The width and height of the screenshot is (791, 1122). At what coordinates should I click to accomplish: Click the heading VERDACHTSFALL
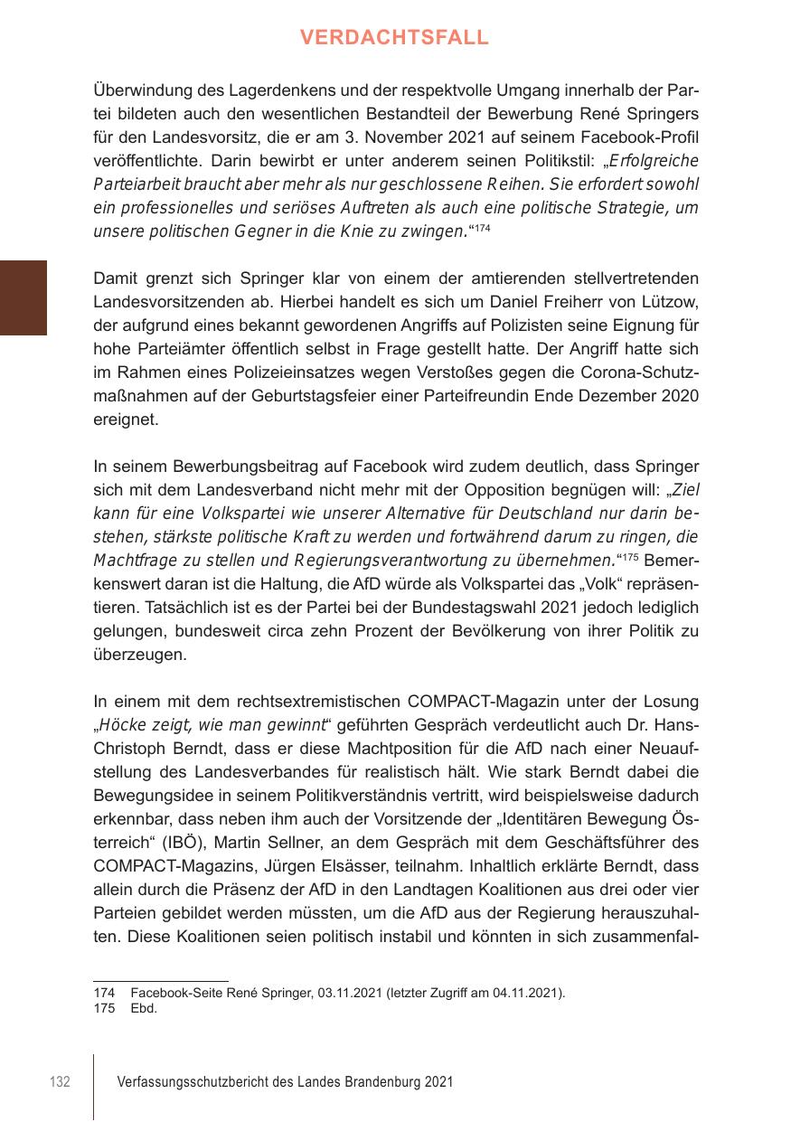(394, 37)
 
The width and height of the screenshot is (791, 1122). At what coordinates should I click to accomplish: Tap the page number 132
(60, 1082)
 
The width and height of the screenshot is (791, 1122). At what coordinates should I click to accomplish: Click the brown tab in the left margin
(24, 297)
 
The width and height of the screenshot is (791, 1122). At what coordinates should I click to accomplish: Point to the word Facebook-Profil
(645, 137)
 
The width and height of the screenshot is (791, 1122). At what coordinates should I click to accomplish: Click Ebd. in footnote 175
(144, 1008)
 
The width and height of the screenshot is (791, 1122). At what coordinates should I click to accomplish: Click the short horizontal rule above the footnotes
(161, 980)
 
